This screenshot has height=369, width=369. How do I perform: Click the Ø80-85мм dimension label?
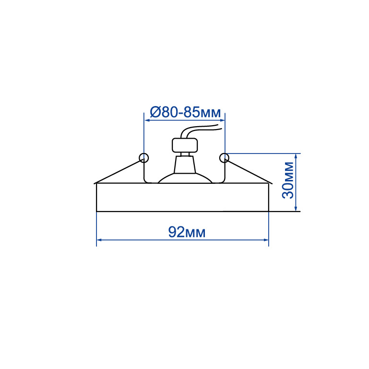tap(185, 112)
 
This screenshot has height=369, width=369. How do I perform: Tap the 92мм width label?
tap(187, 232)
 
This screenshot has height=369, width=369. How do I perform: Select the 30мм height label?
tap(288, 180)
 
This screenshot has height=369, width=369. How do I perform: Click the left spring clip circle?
tap(143, 158)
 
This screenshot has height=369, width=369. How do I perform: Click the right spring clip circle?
tap(224, 158)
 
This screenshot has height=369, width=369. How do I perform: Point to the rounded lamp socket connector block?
tap(185, 145)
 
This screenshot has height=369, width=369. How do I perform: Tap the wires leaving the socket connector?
tap(201, 131)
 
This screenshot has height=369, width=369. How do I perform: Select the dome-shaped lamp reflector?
tap(185, 178)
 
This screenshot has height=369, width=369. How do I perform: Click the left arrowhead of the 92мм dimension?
tap(99, 240)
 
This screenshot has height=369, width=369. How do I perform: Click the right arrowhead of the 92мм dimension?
tap(266, 240)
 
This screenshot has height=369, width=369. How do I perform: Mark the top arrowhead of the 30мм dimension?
tap(296, 156)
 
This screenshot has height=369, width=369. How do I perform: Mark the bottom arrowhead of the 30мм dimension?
tap(296, 208)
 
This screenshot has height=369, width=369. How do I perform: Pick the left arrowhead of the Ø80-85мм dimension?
tap(147, 120)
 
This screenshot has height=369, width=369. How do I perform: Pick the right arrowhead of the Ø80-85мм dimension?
tap(222, 120)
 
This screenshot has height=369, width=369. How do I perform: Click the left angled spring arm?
tap(119, 171)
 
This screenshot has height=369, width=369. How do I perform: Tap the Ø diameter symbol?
tap(155, 112)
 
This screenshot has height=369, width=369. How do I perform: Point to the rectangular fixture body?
tap(183, 197)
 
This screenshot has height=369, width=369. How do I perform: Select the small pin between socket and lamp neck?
tap(185, 154)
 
